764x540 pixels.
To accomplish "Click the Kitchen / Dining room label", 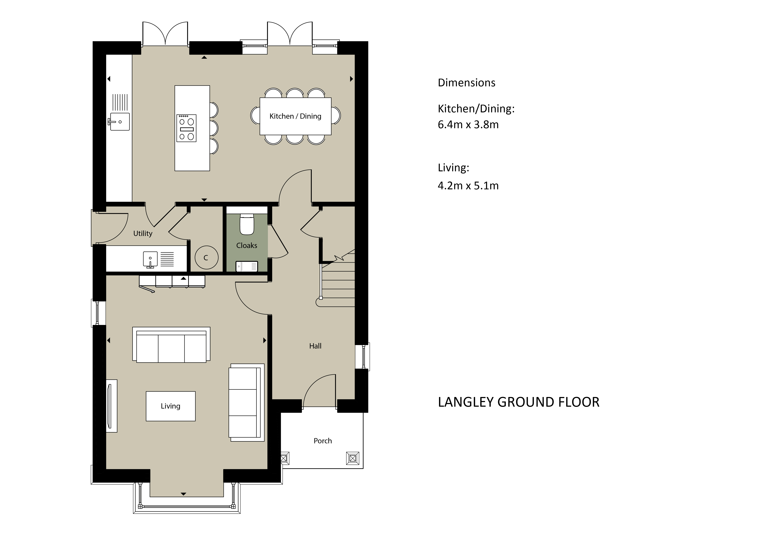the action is (x=295, y=116).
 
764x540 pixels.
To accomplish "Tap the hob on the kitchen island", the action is (x=186, y=128).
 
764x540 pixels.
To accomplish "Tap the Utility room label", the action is (x=143, y=234).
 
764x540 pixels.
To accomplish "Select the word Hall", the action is (x=315, y=346).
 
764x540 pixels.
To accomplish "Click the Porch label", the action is (x=322, y=441).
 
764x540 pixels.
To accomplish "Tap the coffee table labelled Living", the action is (x=170, y=406).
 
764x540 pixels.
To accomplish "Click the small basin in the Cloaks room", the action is (x=247, y=266).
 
